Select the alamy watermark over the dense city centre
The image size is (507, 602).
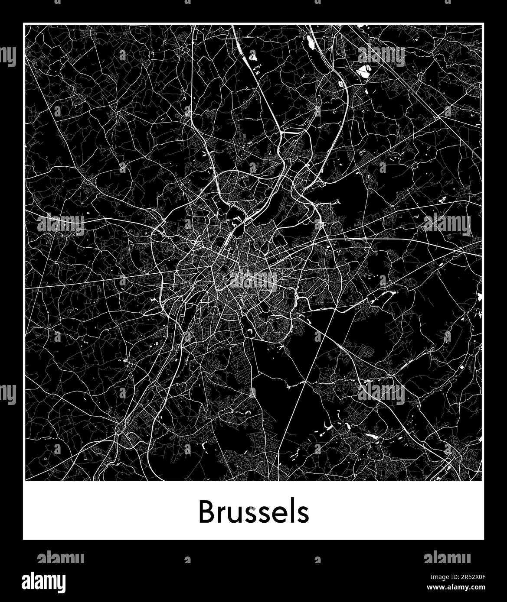pos(254,279)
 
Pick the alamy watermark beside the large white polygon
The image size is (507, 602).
pos(382,56)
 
